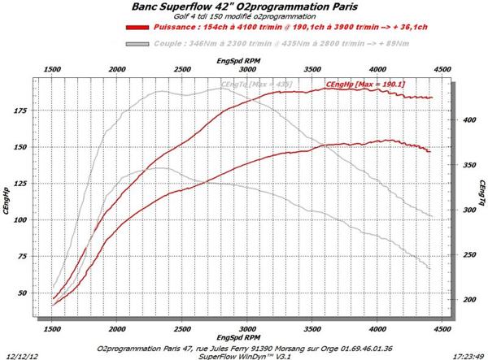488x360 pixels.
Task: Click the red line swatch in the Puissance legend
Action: [137, 27]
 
